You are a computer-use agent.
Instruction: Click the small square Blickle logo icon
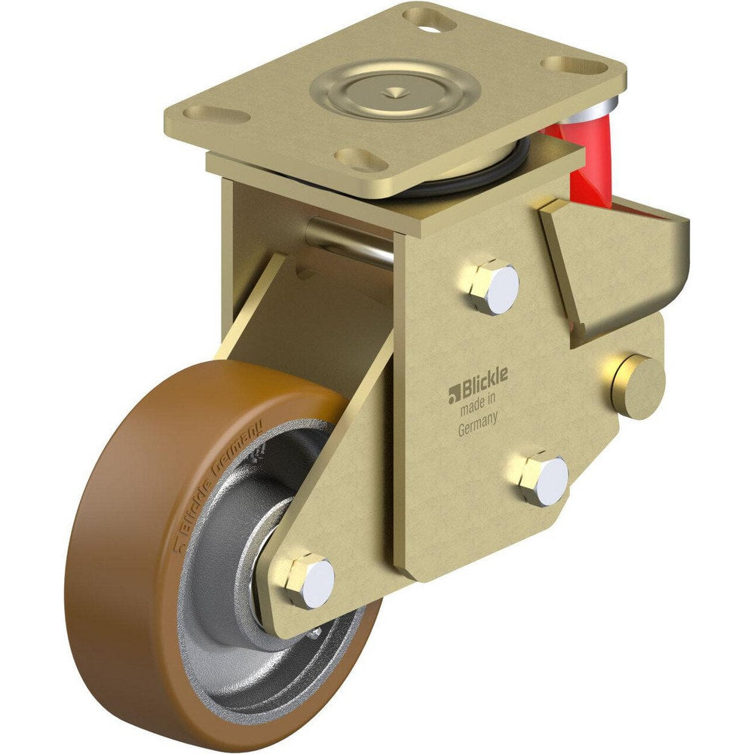coord(454,391)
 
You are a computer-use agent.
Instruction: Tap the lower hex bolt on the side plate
coord(543,479)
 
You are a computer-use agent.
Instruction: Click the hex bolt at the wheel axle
coord(309,580)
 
